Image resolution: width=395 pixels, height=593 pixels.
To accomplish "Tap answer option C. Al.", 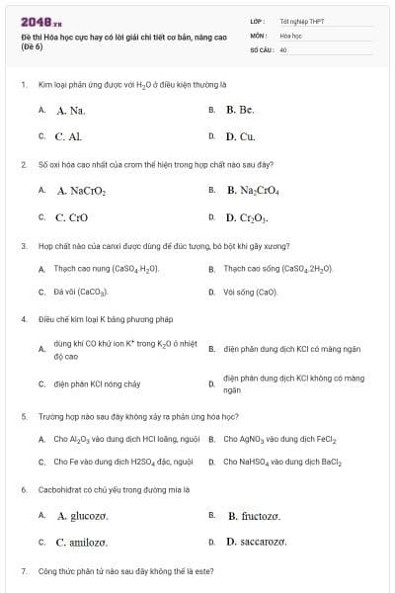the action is click(69, 136).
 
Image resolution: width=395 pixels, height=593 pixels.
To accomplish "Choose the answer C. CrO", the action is click(71, 217).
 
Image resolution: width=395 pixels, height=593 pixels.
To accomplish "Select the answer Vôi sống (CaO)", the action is click(245, 293).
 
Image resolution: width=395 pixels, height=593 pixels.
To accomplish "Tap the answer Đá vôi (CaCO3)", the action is click(80, 293).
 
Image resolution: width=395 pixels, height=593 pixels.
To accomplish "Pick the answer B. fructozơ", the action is click(254, 515).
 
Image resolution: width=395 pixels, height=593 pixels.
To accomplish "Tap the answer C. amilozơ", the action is click(80, 542).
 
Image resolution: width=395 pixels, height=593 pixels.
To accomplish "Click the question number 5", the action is click(23, 417).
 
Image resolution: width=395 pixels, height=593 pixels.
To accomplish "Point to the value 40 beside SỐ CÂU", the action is click(283, 48).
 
